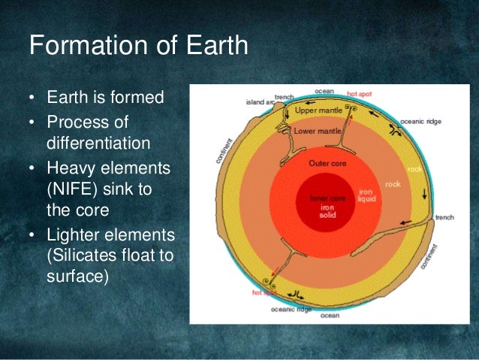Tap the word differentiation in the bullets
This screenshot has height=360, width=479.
click(x=98, y=143)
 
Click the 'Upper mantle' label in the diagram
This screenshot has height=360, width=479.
click(x=318, y=110)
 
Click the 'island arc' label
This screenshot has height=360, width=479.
click(x=259, y=102)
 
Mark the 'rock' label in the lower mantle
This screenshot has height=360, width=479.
click(x=393, y=183)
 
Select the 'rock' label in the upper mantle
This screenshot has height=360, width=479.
click(x=414, y=170)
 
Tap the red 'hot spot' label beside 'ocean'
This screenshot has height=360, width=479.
click(x=360, y=95)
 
